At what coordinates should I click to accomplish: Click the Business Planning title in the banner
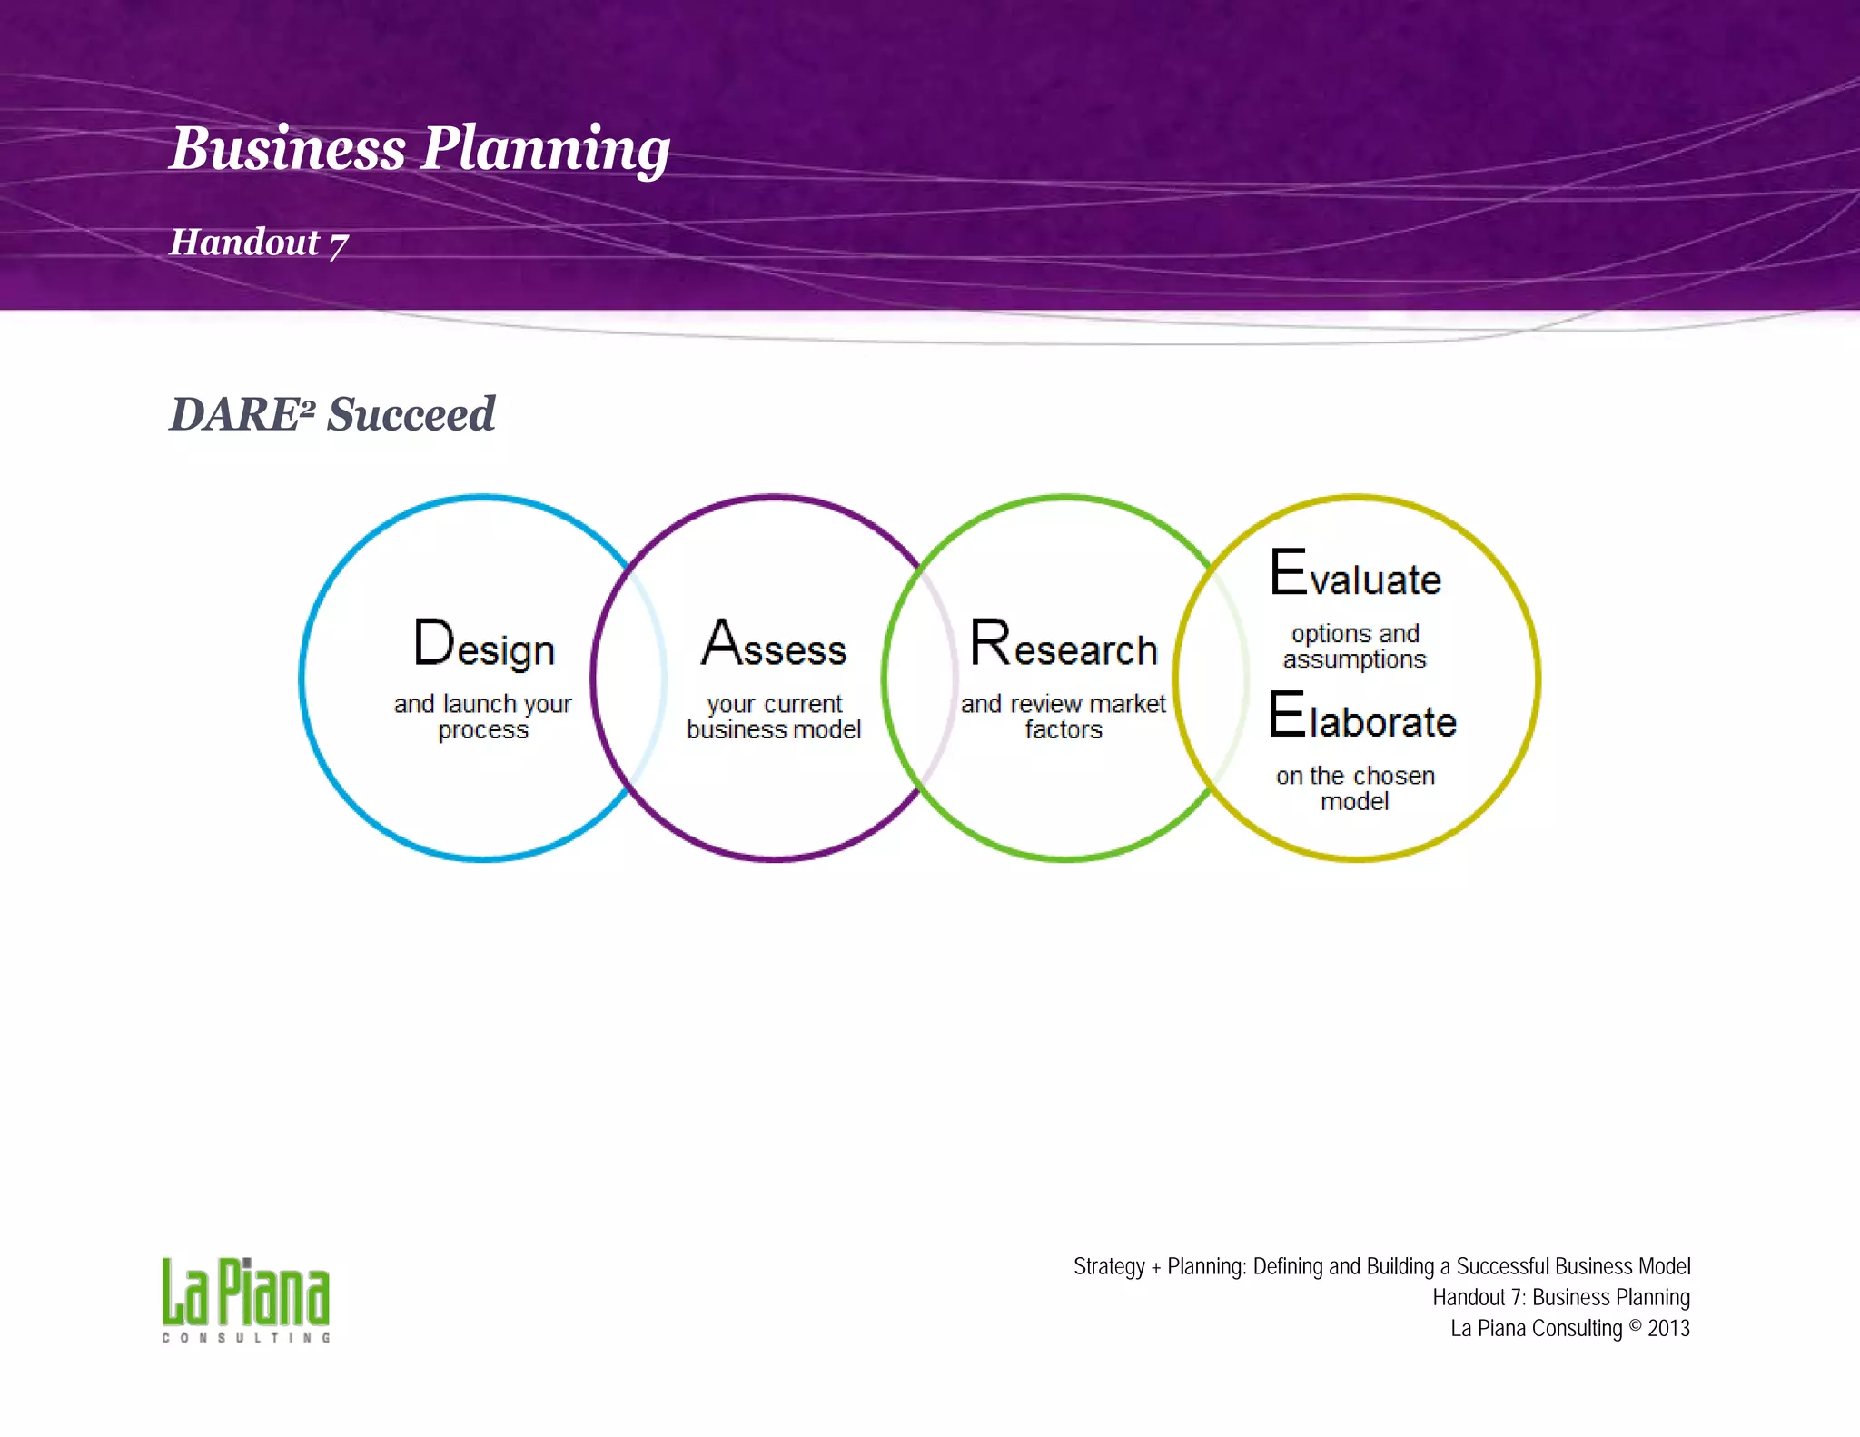pyautogui.click(x=419, y=148)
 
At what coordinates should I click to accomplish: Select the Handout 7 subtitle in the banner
pyautogui.click(x=259, y=243)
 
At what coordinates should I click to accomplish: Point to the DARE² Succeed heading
pyautogui.click(x=332, y=414)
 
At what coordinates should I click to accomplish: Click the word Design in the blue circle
pyautogui.click(x=483, y=644)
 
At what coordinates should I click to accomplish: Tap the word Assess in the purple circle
pyautogui.click(x=774, y=644)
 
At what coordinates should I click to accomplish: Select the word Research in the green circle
pyautogui.click(x=1064, y=644)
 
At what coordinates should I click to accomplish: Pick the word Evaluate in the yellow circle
pyautogui.click(x=1355, y=574)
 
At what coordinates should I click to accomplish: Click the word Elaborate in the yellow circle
pyautogui.click(x=1362, y=717)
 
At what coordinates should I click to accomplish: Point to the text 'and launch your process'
pyautogui.click(x=482, y=717)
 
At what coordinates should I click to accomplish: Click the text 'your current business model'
pyautogui.click(x=774, y=717)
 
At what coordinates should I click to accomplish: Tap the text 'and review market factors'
pyautogui.click(x=1064, y=717)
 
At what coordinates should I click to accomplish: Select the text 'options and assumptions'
pyautogui.click(x=1354, y=646)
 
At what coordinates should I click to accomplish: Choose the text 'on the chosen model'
pyautogui.click(x=1355, y=788)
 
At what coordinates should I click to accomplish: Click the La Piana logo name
pyautogui.click(x=245, y=1293)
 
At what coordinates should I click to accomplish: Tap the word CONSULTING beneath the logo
pyautogui.click(x=245, y=1338)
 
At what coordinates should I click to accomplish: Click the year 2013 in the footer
pyautogui.click(x=1668, y=1328)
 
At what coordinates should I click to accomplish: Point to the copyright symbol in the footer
pyautogui.click(x=1635, y=1325)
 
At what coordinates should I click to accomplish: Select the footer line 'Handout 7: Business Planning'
pyautogui.click(x=1561, y=1297)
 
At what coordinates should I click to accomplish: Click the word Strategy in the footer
pyautogui.click(x=1109, y=1266)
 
